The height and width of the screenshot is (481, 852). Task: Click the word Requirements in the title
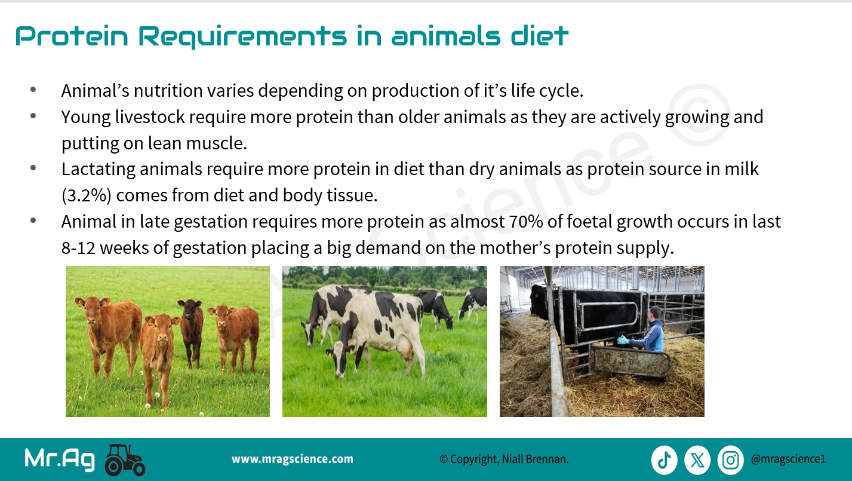pyautogui.click(x=242, y=37)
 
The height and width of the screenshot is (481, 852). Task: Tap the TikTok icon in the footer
pyautogui.click(x=664, y=460)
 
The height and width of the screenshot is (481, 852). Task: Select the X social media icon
pyautogui.click(x=697, y=460)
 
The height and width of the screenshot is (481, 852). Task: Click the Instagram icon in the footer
pyautogui.click(x=730, y=460)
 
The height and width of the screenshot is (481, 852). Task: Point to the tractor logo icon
pyautogui.click(x=125, y=459)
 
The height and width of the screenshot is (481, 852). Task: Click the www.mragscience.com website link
pyautogui.click(x=292, y=459)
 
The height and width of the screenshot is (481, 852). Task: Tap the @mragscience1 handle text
pyautogui.click(x=788, y=459)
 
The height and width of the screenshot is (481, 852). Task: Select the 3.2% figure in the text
pyautogui.click(x=87, y=195)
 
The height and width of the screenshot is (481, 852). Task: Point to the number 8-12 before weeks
pyautogui.click(x=78, y=248)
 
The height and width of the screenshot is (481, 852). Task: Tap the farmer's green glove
pyautogui.click(x=622, y=339)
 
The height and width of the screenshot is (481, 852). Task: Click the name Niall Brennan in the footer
pyautogui.click(x=535, y=459)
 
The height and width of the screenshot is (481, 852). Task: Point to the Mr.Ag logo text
pyautogui.click(x=60, y=459)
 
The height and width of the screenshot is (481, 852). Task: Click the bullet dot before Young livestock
pyautogui.click(x=33, y=116)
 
